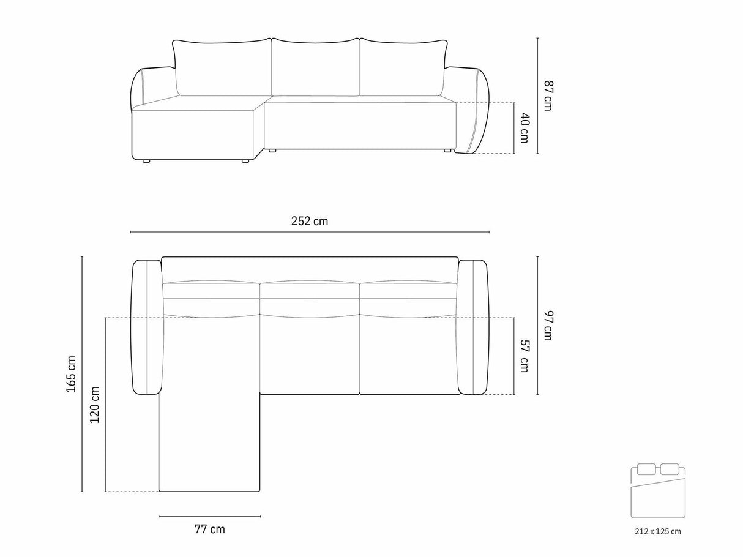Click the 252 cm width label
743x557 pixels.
click(x=310, y=222)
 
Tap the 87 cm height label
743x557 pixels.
click(x=548, y=95)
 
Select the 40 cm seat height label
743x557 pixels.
click(x=524, y=128)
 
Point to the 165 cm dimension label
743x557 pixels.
click(x=72, y=374)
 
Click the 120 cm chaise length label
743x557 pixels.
click(x=94, y=405)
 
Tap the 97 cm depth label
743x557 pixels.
click(x=548, y=326)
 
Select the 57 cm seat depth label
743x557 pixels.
click(x=524, y=356)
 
